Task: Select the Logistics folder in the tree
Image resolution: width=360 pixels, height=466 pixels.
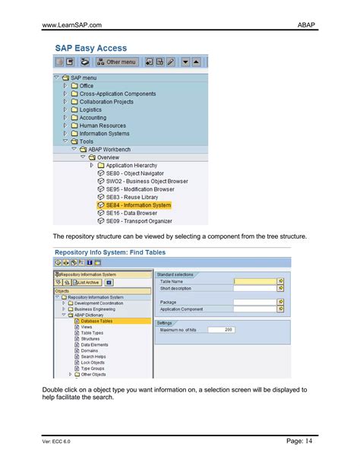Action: pos(90,109)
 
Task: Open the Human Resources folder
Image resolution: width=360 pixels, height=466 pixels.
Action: pos(103,125)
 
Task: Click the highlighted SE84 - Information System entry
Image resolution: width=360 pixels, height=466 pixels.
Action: pos(137,204)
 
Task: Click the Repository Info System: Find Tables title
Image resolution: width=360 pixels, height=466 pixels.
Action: pos(110,252)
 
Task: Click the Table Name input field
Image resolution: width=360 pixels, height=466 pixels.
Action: pos(254,281)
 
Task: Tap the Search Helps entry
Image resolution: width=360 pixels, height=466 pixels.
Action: pos(94,357)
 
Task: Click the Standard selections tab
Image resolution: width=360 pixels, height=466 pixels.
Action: pos(175,274)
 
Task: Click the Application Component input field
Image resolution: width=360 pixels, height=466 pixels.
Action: pos(254,309)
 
